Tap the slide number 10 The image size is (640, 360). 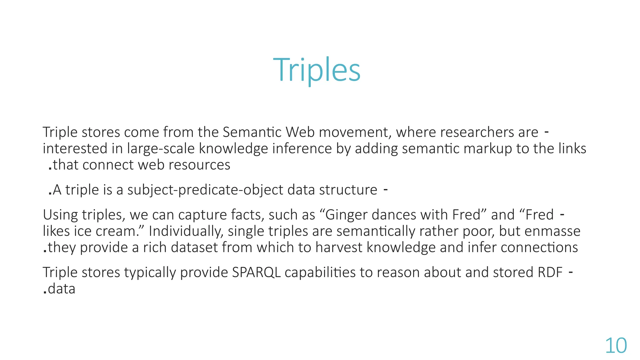pos(616,346)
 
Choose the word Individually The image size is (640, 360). pos(186,232)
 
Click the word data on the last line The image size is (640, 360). pos(62,289)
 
